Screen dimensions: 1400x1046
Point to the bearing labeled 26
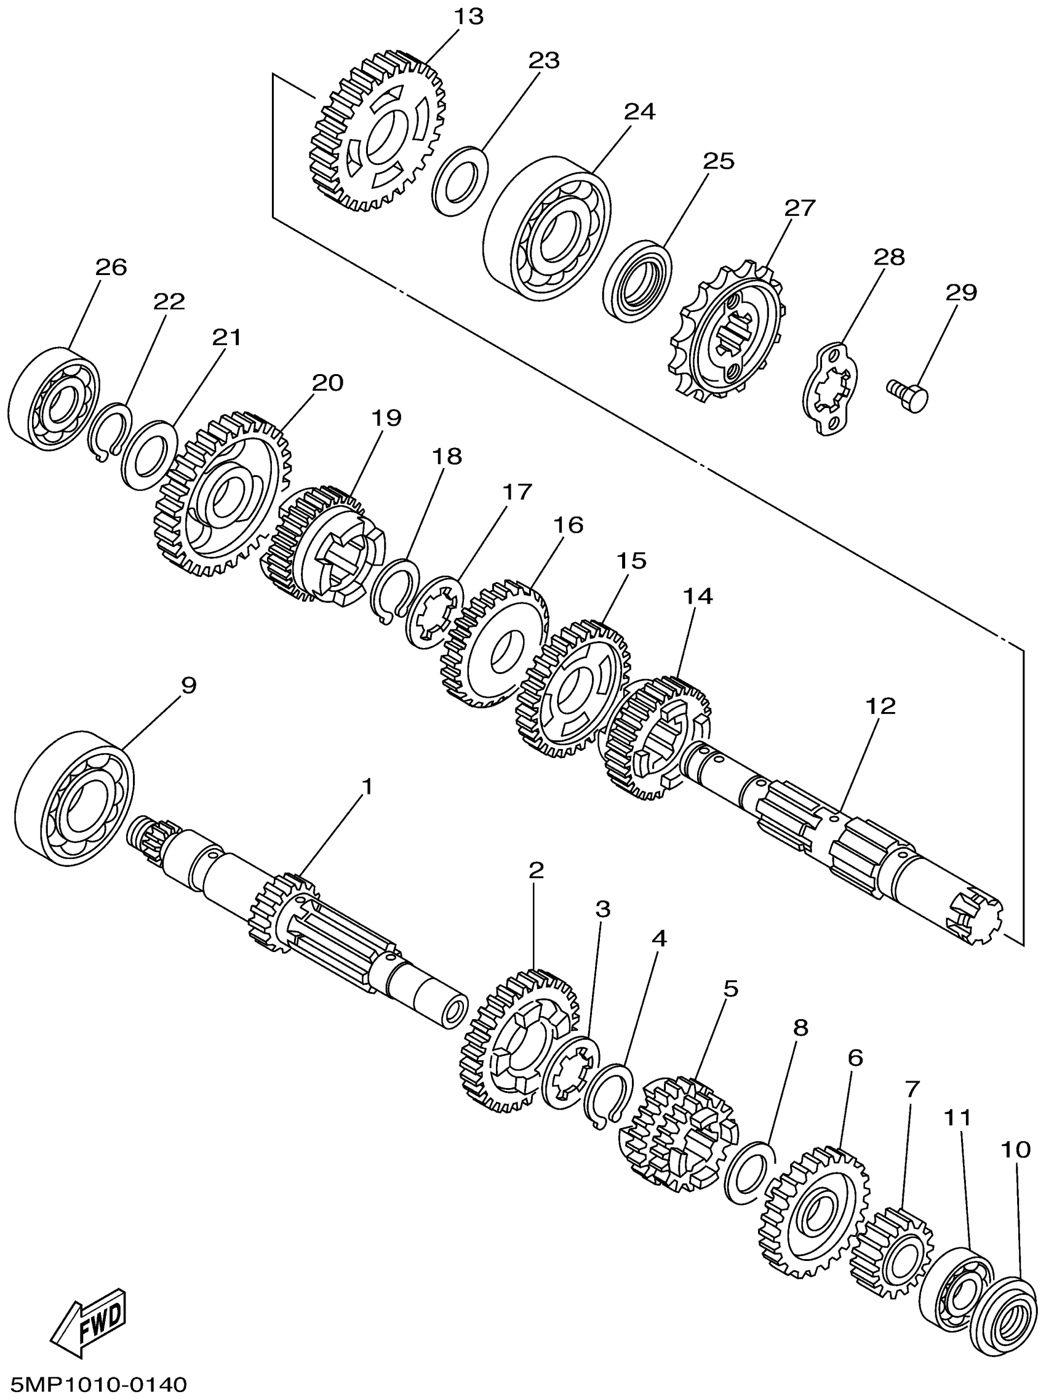click(54, 399)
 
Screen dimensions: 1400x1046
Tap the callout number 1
click(366, 786)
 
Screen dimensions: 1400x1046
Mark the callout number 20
click(329, 382)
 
